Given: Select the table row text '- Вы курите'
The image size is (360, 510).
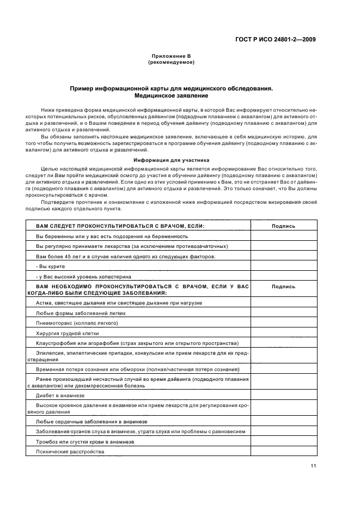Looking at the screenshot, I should click(x=51, y=266).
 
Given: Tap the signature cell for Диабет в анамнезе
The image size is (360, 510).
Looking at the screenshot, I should click(x=283, y=396).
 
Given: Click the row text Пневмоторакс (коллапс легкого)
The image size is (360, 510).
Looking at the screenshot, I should click(x=77, y=323).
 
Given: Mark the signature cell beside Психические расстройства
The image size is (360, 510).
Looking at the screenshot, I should click(x=283, y=452).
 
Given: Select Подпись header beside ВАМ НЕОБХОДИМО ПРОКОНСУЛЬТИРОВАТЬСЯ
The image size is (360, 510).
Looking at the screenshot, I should click(x=283, y=287).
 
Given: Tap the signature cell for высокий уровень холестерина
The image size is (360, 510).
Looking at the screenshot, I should click(x=283, y=276).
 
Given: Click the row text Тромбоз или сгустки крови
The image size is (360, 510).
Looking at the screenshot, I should click(x=85, y=442).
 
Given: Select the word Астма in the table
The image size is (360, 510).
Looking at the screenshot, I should click(x=44, y=302).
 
